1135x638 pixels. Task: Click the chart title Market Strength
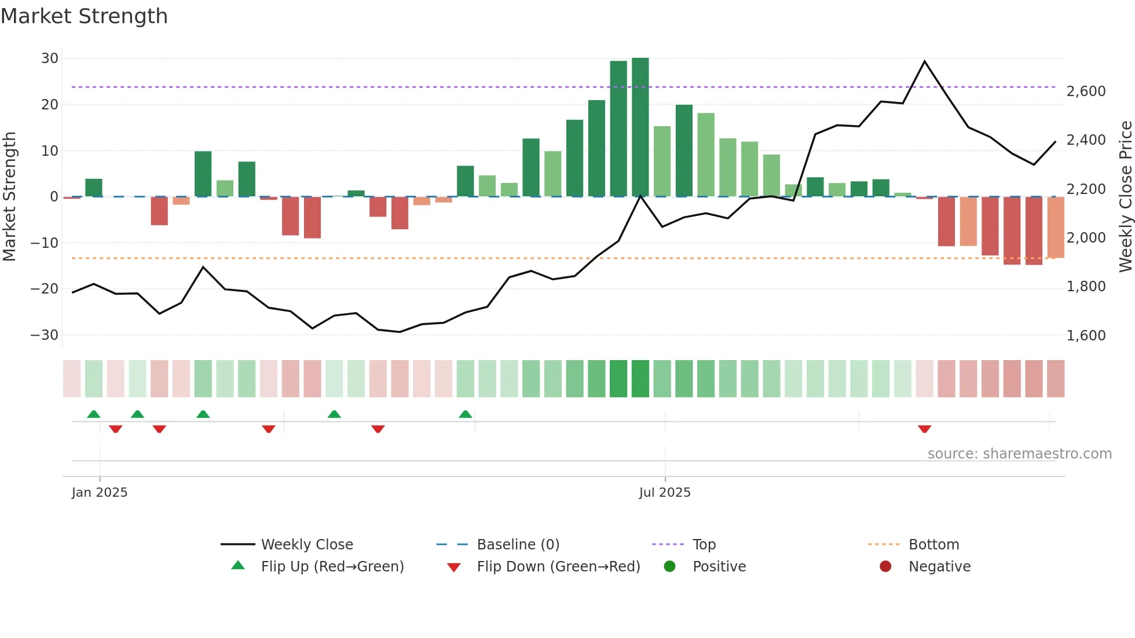(84, 16)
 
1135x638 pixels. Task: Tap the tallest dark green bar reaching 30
(640, 127)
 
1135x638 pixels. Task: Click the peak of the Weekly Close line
(924, 61)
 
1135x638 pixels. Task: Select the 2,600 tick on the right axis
(1086, 91)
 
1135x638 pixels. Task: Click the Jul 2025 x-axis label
(665, 493)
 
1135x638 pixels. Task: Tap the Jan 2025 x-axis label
(100, 493)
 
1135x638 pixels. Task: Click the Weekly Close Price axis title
(1125, 197)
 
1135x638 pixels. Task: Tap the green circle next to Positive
(670, 567)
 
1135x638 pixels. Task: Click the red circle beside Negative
(885, 567)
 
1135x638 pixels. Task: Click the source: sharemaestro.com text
(1019, 454)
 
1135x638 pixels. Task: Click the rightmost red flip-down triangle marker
(924, 429)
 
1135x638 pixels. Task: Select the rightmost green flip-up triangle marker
(466, 414)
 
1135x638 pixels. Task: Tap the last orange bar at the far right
(1055, 227)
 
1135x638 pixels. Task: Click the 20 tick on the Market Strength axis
(50, 105)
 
